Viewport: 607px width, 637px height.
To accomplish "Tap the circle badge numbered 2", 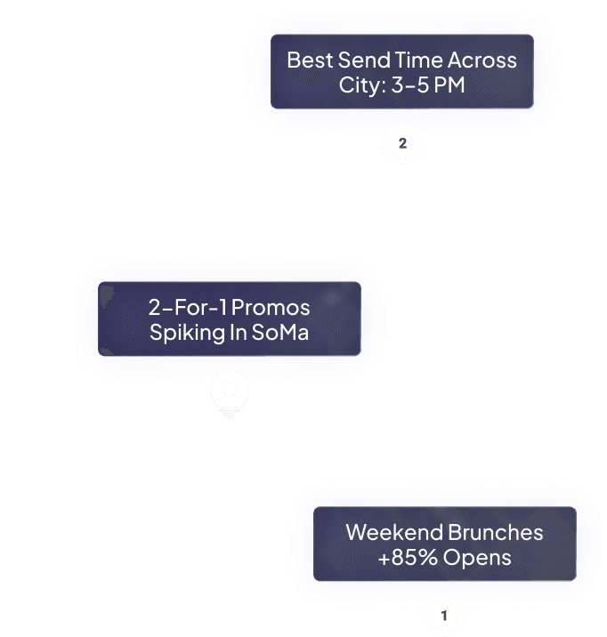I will point(402,144).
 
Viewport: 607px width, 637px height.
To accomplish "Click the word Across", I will point(482,60).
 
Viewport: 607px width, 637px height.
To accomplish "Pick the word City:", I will point(362,86).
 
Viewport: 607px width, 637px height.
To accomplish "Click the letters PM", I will point(450,86).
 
